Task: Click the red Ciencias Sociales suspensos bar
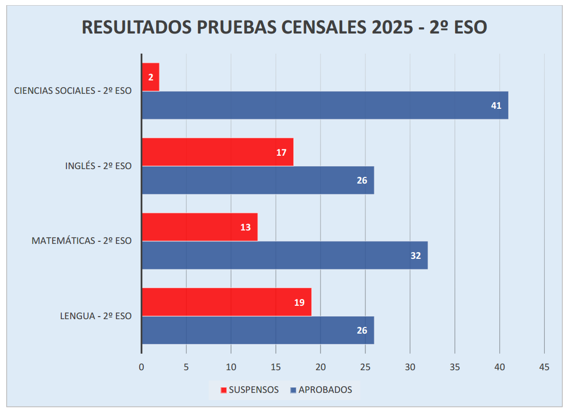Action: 150,77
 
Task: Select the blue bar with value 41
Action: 325,105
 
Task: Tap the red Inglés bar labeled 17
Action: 217,152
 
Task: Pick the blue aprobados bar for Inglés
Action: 258,180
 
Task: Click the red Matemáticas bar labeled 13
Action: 199,227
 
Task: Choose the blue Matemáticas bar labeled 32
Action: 284,255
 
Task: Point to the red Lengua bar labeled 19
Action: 226,302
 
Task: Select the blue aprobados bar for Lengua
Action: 258,330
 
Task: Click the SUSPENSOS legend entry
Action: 250,390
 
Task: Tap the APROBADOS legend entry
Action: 321,390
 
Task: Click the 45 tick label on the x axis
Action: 544,367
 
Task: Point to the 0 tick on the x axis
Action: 141,367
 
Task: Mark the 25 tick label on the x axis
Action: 365,367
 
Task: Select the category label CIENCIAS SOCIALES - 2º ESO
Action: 73,91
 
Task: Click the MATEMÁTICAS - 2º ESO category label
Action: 81,241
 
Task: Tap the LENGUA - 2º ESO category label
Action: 96,316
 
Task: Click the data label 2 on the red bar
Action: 151,77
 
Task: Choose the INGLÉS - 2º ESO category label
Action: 98,166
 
